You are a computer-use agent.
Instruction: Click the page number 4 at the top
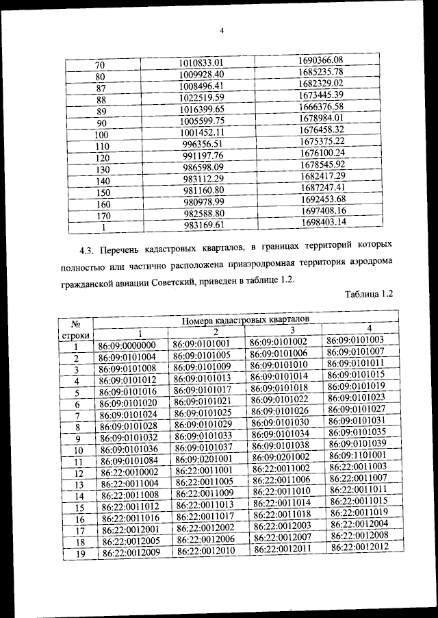222,29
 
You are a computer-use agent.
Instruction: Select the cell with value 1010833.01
201,62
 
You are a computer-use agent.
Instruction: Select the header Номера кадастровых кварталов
245,319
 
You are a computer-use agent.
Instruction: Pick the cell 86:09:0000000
127,345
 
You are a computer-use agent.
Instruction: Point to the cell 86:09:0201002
281,457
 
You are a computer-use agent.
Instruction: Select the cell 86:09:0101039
357,443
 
